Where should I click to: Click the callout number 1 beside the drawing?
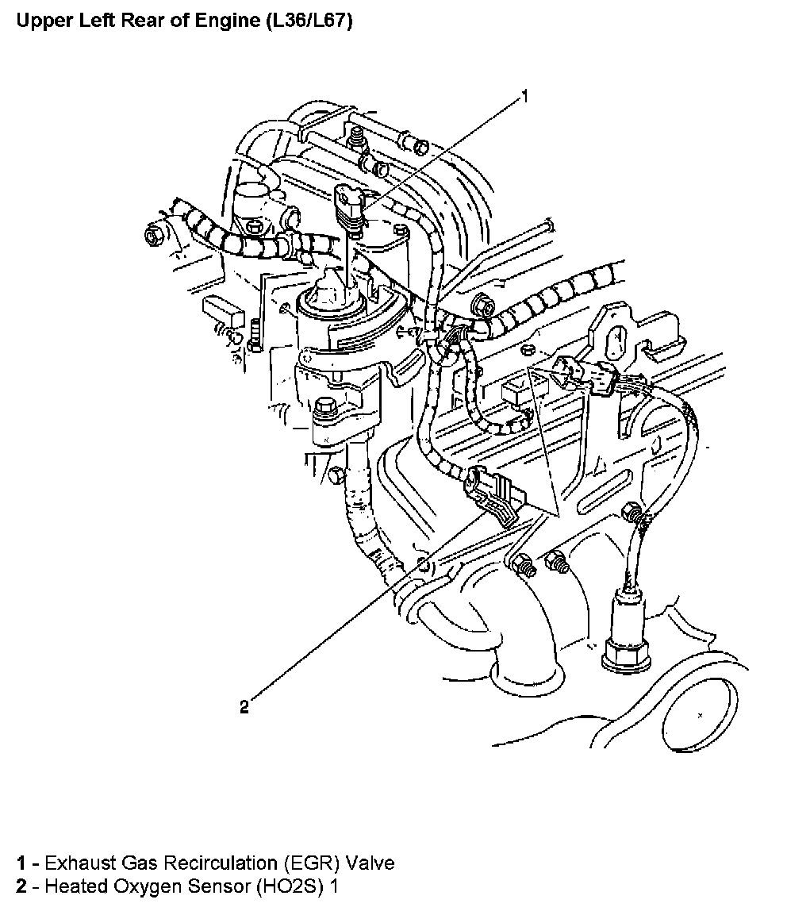tap(524, 97)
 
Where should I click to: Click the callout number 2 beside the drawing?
tap(244, 706)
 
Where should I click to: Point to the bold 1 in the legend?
tap(21, 863)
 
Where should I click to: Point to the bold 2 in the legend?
tap(21, 886)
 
